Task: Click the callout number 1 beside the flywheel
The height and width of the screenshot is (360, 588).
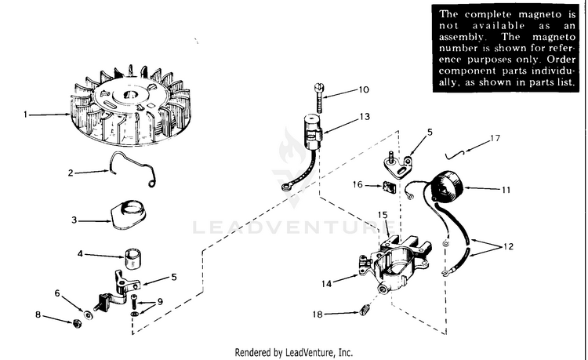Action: click(x=25, y=115)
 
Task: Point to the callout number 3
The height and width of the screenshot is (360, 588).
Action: click(x=74, y=221)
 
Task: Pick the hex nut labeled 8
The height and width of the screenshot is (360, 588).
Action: click(x=78, y=323)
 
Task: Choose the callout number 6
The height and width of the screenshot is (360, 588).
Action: click(x=57, y=293)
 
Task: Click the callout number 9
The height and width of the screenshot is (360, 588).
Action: click(x=160, y=301)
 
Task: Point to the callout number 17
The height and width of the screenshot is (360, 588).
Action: click(x=494, y=139)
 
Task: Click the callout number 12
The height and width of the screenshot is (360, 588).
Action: click(x=508, y=246)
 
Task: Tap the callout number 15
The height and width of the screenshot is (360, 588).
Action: click(x=383, y=214)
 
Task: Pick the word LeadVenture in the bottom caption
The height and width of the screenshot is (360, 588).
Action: click(x=312, y=352)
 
